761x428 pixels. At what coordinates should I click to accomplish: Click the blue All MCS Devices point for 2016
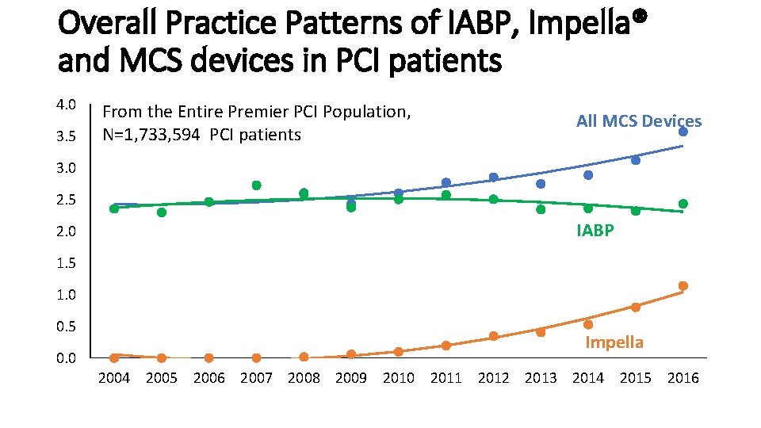tap(683, 132)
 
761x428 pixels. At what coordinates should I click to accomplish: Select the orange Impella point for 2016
tap(683, 286)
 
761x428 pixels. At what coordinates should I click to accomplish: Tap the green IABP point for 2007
tap(257, 185)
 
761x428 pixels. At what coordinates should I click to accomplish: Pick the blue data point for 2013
tap(541, 184)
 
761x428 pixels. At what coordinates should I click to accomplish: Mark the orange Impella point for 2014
tap(588, 325)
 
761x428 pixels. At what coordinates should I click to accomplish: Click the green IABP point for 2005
tap(162, 212)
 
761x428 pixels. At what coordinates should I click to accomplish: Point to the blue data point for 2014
tap(588, 175)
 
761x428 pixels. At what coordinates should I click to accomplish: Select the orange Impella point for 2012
tap(494, 336)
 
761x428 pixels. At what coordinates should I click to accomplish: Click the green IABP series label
tap(595, 230)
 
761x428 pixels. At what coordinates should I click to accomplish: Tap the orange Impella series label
tap(614, 342)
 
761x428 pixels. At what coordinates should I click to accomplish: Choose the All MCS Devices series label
tap(639, 120)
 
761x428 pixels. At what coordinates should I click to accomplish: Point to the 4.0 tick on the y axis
tap(66, 105)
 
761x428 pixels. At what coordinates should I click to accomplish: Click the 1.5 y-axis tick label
tap(66, 263)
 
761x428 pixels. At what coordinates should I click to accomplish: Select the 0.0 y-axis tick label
tap(66, 358)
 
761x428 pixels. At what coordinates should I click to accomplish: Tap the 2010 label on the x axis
tap(399, 378)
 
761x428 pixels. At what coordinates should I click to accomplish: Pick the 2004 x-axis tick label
tap(114, 378)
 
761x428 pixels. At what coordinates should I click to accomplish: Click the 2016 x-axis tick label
tap(683, 378)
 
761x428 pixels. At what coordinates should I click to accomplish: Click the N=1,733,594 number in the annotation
tap(151, 135)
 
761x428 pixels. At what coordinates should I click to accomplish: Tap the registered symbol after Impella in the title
tap(641, 16)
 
